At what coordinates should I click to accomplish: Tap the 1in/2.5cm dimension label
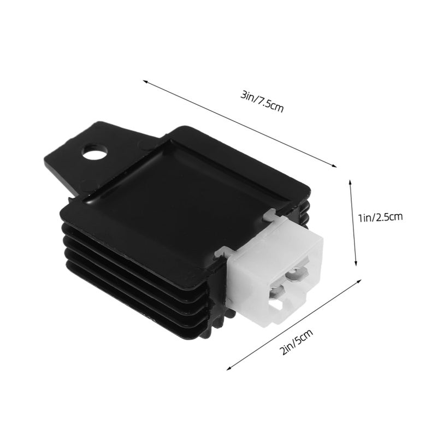[380, 217]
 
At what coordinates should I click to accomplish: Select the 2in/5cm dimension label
[296, 342]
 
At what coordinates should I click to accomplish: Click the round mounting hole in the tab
[95, 152]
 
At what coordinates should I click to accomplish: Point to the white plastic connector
[275, 270]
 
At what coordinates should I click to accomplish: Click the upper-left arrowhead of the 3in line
[145, 81]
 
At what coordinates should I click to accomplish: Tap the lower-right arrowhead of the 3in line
[334, 166]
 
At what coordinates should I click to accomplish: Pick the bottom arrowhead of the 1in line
[356, 263]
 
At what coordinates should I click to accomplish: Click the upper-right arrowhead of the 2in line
[359, 281]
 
